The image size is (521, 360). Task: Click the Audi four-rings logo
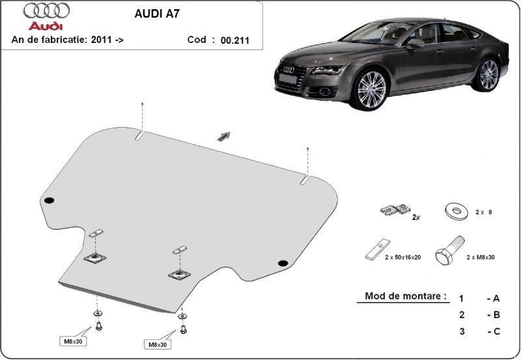coord(46,11)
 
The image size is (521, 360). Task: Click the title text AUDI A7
coord(157,14)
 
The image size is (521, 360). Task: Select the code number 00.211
coord(235,40)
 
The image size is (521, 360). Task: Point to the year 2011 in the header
coord(102,40)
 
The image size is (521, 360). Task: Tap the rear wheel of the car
coord(488,75)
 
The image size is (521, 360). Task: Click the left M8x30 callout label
coord(73,341)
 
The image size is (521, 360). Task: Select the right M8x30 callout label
coord(158,344)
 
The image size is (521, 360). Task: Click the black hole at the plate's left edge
coord(49,201)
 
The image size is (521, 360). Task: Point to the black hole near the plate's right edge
coord(283,264)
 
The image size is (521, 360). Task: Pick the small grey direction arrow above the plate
coord(223,137)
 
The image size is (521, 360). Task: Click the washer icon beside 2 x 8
coord(456,211)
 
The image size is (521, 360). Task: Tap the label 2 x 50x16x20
coord(403,257)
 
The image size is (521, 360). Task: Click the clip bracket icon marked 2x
coord(395,210)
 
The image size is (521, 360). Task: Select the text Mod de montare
coord(406,296)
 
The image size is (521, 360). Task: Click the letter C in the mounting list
coord(497,331)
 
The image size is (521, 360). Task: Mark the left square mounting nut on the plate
coord(95,257)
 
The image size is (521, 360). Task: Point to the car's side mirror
coord(415,44)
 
